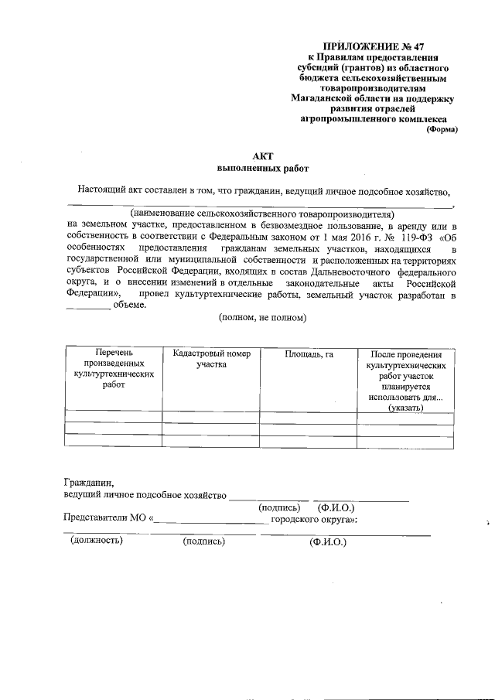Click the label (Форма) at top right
(442, 130)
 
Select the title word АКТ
(262, 155)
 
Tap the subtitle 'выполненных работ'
(262, 168)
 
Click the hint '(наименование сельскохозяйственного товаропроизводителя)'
(262, 213)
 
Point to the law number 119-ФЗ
(405, 237)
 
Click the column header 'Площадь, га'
(309, 354)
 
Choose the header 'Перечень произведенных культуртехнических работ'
(113, 368)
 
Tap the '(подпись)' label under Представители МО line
(203, 541)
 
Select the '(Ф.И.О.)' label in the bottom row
(327, 541)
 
